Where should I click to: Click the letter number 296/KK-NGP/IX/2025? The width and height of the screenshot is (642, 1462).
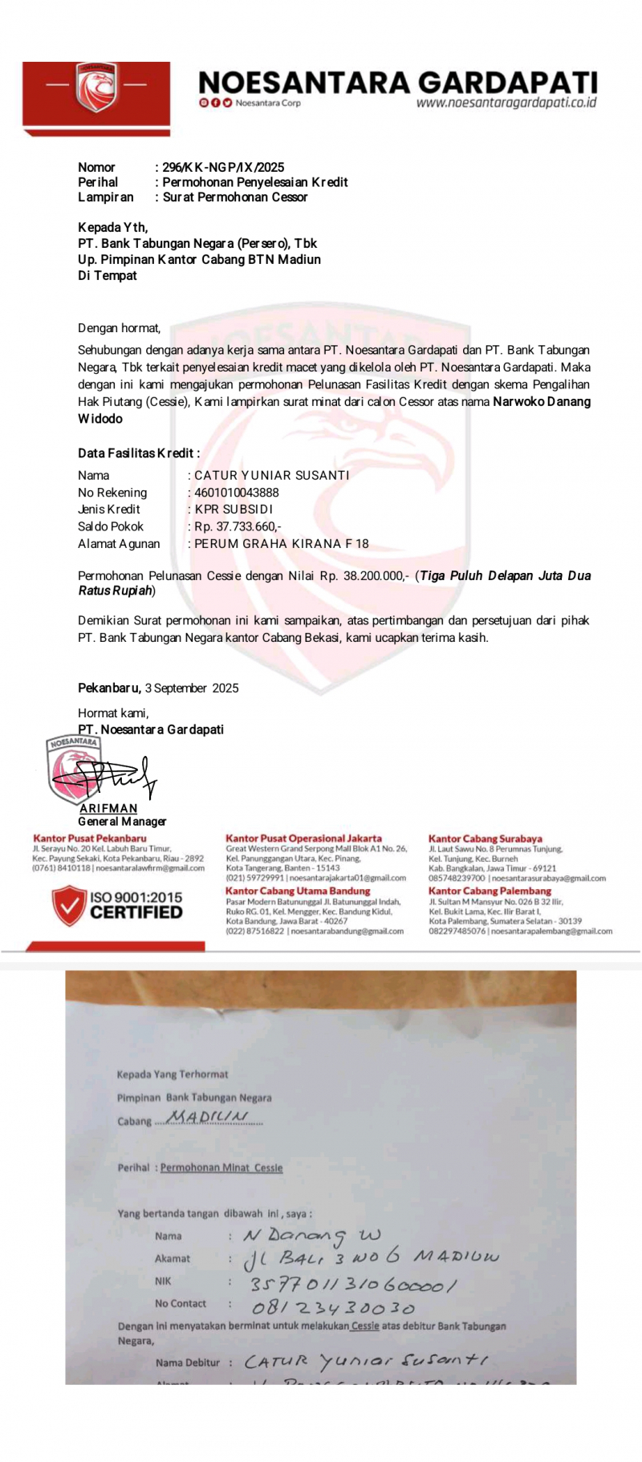(223, 167)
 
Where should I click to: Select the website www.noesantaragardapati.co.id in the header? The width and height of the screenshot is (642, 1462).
(506, 103)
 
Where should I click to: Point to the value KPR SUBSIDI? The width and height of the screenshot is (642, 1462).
(234, 509)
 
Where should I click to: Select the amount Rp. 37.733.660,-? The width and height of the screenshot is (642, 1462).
(238, 526)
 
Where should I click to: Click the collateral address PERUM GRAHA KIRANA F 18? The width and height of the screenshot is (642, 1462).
(281, 543)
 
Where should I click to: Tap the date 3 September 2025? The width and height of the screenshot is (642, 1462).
(192, 688)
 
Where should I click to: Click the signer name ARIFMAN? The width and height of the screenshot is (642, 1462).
(108, 808)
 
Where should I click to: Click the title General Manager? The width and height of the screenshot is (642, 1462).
(122, 821)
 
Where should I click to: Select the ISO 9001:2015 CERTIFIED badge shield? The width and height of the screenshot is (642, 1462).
(68, 905)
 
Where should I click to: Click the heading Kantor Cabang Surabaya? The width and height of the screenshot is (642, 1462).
(485, 839)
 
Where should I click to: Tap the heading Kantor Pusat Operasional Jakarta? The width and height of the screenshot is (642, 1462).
(303, 838)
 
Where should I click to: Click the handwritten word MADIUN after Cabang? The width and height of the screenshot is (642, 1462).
(207, 1117)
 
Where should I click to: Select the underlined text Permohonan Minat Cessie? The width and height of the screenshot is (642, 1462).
(221, 1168)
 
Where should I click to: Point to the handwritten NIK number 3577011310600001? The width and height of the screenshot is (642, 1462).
(353, 1285)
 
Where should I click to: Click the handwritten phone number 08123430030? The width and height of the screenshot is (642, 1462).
(333, 1309)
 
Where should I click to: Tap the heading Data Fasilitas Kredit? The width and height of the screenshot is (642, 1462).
(138, 453)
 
